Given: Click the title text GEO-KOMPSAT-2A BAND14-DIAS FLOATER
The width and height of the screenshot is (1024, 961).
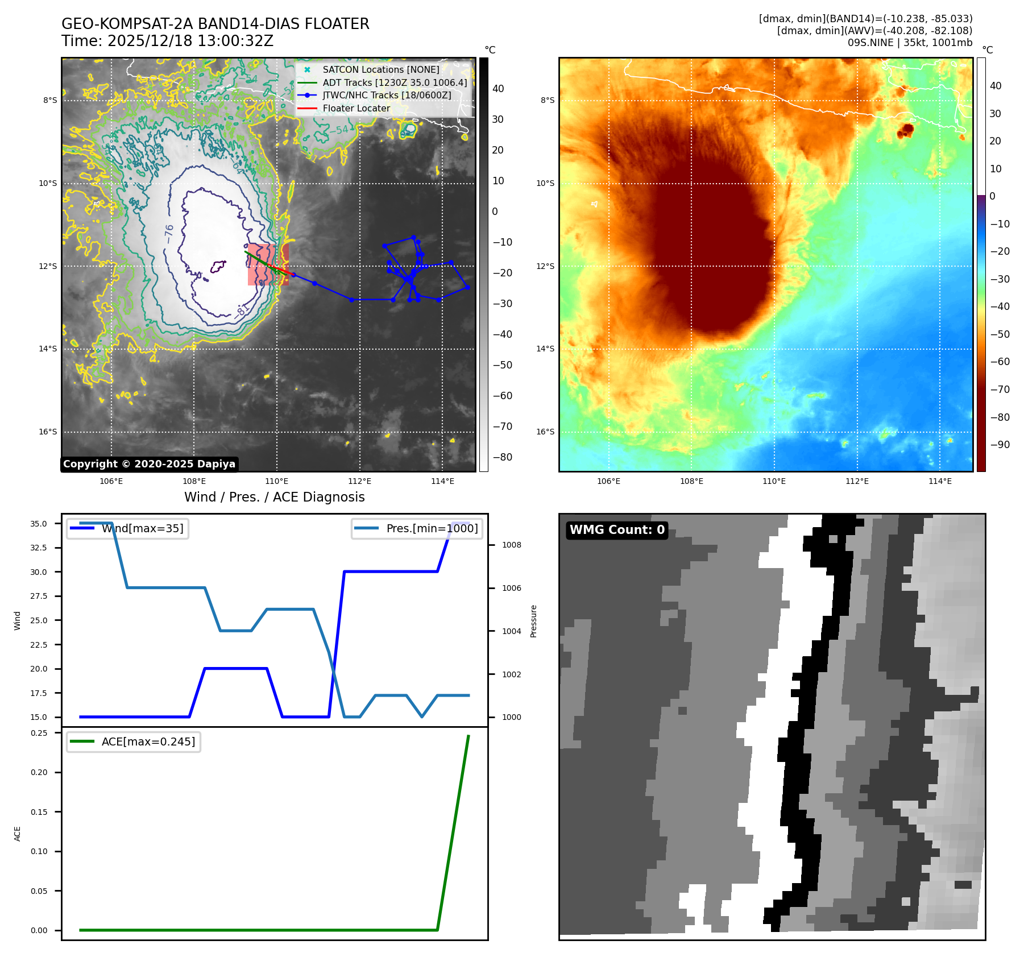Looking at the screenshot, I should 215,24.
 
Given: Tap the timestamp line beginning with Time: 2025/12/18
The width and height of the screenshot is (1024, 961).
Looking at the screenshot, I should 167,41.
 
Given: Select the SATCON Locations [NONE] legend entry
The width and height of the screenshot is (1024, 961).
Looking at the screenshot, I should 380,69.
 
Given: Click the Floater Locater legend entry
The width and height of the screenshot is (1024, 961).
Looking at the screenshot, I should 356,108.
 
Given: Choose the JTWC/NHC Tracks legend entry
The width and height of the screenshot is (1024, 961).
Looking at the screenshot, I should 387,95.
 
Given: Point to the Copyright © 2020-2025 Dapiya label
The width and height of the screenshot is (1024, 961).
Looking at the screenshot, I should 149,464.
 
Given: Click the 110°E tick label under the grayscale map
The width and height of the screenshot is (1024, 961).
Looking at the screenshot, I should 277,482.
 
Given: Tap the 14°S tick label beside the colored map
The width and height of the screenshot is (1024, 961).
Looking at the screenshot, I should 545,349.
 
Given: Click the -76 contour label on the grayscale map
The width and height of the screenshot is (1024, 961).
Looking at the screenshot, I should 169,234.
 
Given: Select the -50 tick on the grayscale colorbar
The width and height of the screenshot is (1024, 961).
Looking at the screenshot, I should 502,365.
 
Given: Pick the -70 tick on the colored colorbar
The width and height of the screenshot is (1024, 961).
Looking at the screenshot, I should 1000,390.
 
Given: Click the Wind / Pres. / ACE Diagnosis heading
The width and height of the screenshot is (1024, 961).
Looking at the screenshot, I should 274,497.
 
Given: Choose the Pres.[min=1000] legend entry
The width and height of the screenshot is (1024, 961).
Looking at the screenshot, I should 432,528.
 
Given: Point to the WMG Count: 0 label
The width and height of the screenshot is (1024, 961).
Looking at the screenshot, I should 617,530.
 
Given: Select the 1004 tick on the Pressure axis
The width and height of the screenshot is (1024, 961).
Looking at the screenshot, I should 511,631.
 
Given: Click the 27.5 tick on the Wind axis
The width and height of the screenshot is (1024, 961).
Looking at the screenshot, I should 39,596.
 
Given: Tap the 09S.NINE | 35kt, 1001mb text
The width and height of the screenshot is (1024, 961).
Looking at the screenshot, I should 910,43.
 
